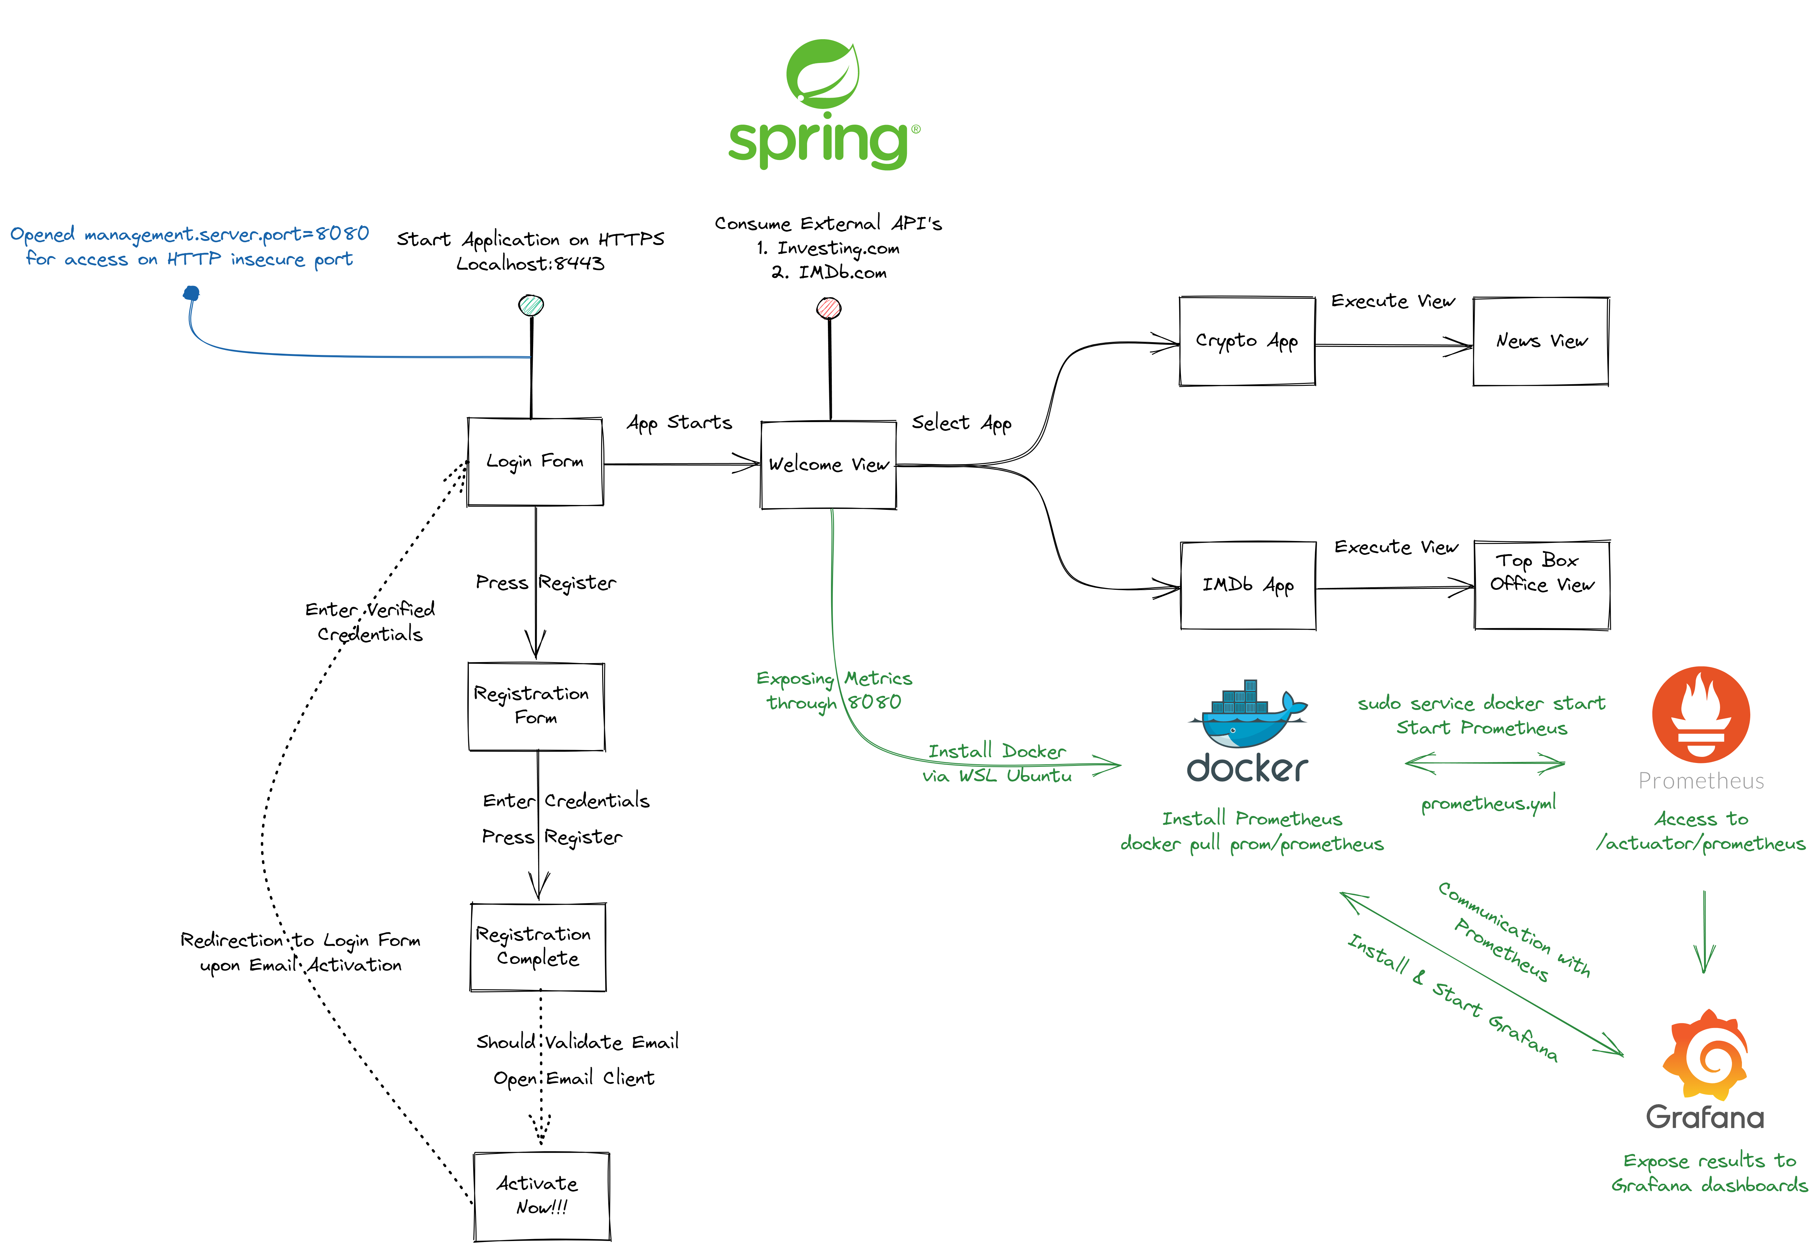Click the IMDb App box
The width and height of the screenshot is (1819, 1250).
(1247, 585)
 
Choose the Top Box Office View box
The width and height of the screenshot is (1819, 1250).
(1541, 584)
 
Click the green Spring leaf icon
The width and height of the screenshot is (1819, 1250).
(822, 75)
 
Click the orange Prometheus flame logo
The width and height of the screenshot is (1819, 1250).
(1701, 714)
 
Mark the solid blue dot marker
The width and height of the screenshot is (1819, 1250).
(191, 294)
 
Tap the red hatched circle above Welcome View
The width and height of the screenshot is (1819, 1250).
(829, 308)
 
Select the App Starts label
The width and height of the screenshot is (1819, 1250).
(679, 423)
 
